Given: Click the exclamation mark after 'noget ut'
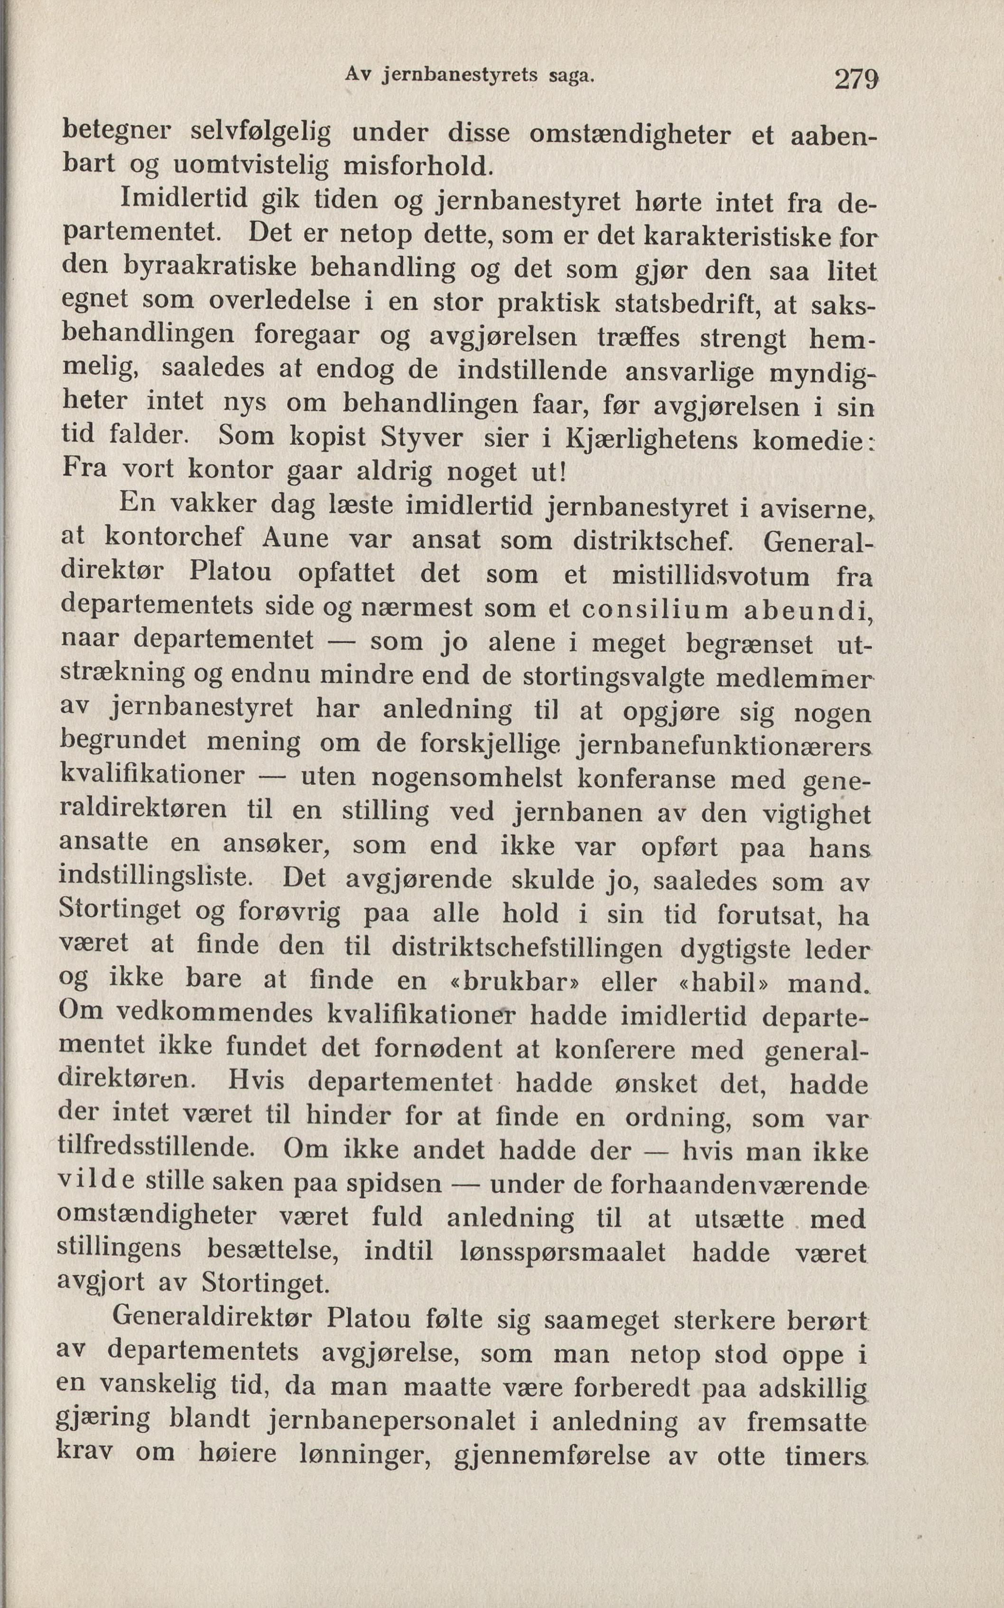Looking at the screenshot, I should tap(563, 472).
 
